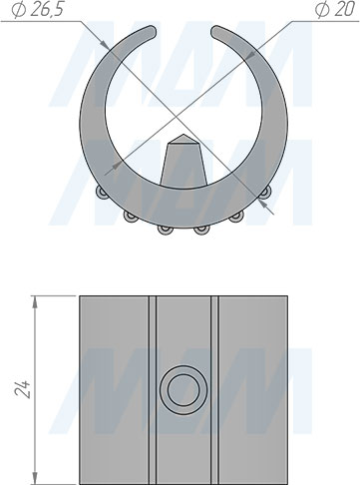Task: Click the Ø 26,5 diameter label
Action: pos(37,10)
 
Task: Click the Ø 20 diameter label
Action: pos(335,10)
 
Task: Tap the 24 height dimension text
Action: pos(23,388)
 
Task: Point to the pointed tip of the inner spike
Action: pos(182,135)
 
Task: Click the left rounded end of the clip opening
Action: pos(152,31)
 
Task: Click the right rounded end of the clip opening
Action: pos(216,31)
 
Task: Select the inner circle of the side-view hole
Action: pos(183,389)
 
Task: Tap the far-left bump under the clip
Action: pos(101,192)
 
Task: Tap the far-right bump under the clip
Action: pos(266,192)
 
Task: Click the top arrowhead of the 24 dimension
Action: pos(35,300)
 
